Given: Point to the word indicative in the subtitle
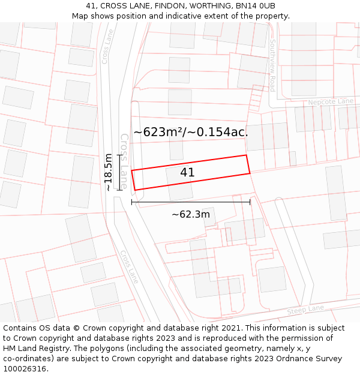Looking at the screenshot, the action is click(187, 16).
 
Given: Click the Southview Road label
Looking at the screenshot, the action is click(272, 65).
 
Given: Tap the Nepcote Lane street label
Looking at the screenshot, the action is click(331, 102).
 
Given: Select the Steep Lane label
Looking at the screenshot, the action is click(305, 310).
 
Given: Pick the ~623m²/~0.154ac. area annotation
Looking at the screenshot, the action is click(191, 132).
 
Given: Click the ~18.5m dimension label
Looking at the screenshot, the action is click(108, 172).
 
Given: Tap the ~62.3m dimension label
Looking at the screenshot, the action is click(191, 214).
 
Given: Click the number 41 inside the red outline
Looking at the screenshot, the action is click(187, 173).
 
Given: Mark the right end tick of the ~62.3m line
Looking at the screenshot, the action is click(250, 202).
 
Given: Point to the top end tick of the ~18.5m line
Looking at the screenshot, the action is click(119, 155).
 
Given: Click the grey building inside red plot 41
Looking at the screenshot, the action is click(179, 186).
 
